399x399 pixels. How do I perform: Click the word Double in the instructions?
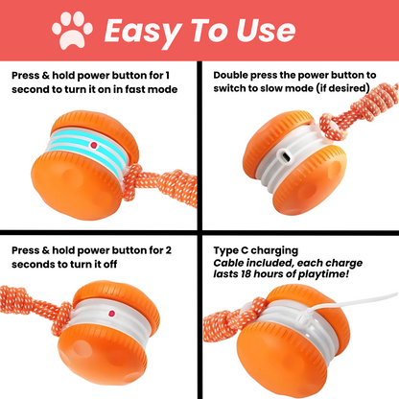click(x=233, y=73)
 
